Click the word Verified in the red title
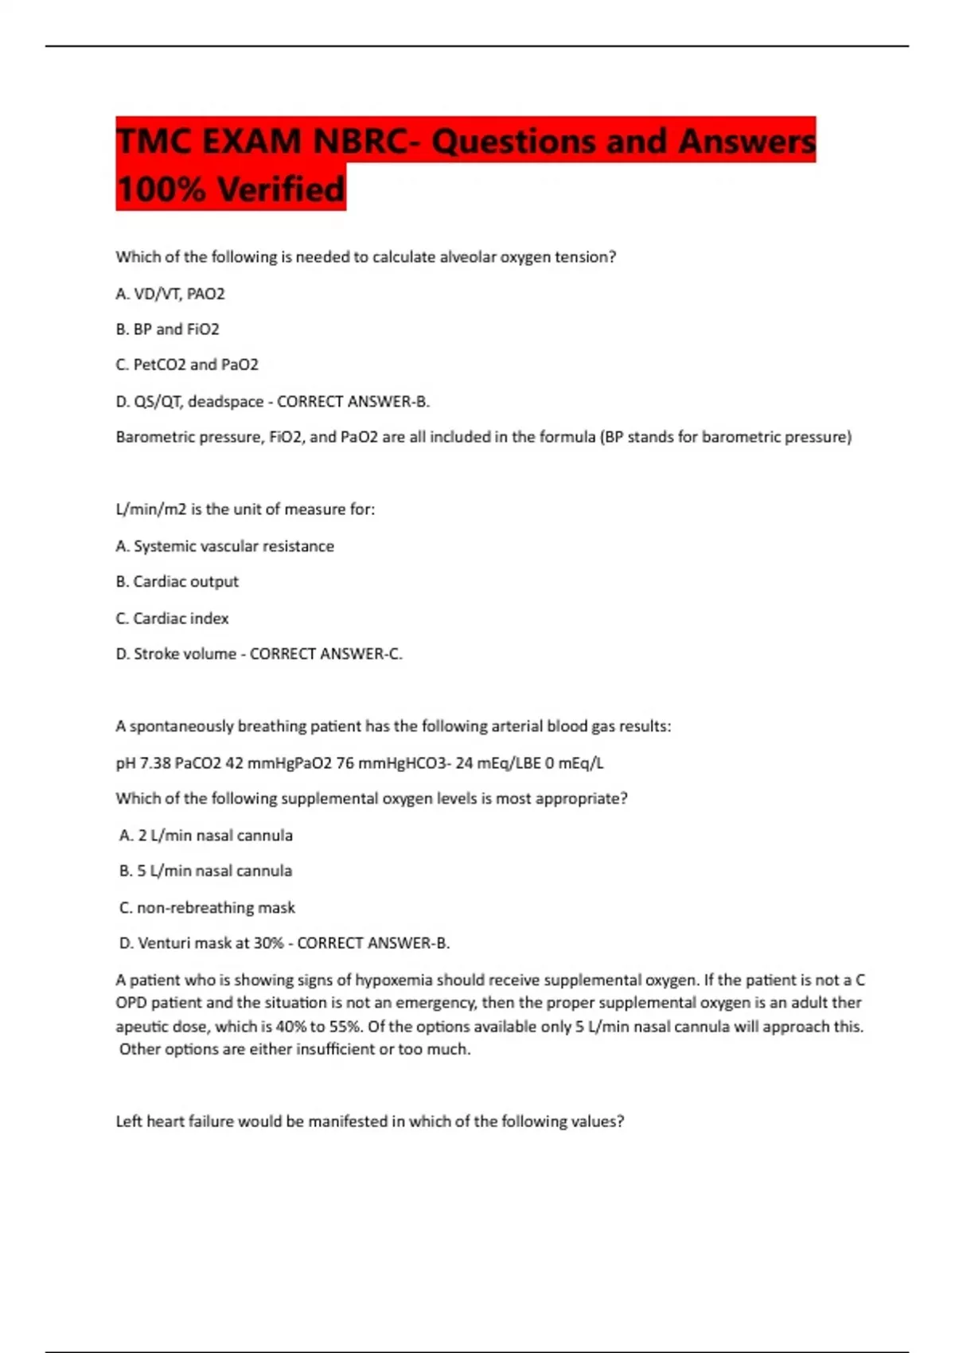[x=282, y=189]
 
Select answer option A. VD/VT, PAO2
[x=170, y=294]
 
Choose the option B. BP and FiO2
[x=167, y=329]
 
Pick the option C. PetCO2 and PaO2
[x=187, y=365]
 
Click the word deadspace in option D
[x=225, y=401]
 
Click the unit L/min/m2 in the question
[x=150, y=509]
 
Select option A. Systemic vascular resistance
[x=224, y=546]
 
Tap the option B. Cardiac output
[x=177, y=582]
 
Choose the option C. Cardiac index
[x=172, y=618]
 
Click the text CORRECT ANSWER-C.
[x=326, y=654]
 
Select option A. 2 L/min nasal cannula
[x=206, y=836]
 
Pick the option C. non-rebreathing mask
[x=207, y=907]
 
